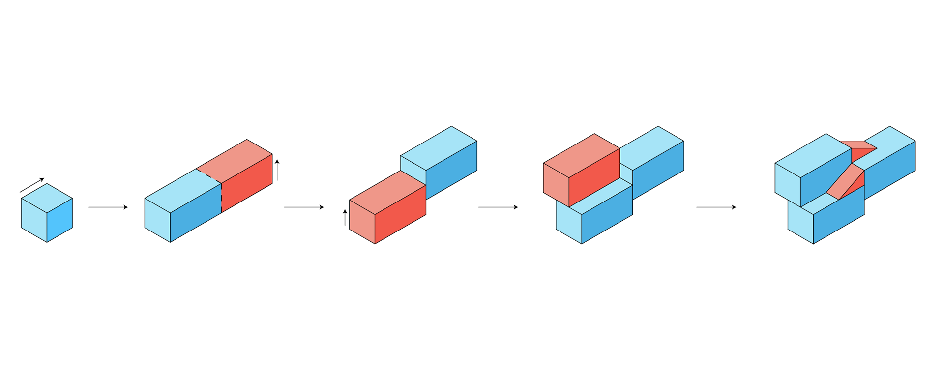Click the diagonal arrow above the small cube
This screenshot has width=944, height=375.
[32, 185]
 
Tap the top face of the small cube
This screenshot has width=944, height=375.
[47, 198]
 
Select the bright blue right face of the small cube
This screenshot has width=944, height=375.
[59, 220]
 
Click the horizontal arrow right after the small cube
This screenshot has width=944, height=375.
[108, 207]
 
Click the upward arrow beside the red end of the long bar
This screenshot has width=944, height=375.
[277, 170]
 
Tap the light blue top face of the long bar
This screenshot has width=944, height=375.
[183, 191]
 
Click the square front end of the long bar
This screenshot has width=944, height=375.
[157, 220]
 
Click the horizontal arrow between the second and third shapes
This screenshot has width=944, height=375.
[304, 207]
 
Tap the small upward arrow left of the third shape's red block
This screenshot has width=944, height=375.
[345, 217]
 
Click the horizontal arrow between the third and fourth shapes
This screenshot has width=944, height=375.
[498, 207]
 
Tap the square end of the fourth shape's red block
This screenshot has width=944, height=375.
[556, 185]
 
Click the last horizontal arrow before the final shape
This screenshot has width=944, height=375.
[716, 207]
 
